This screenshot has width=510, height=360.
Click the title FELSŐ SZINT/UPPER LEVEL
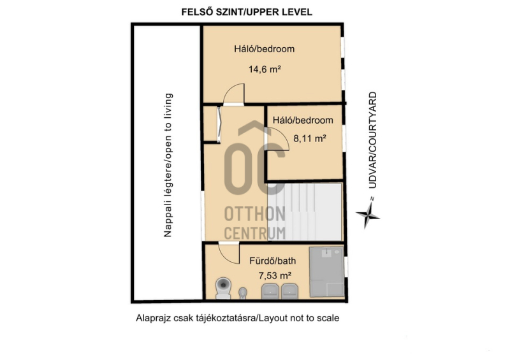(247, 12)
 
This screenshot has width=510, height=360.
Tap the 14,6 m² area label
(265, 69)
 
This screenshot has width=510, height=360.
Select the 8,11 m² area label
(310, 138)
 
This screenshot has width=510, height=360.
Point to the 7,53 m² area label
(275, 276)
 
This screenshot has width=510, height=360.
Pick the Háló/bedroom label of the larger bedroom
(264, 49)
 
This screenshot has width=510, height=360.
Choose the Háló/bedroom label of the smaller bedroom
(303, 120)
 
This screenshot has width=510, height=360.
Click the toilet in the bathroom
(223, 288)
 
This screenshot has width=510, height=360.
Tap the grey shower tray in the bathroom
(326, 272)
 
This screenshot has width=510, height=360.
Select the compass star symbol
(368, 213)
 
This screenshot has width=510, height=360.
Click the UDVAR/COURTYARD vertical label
(372, 140)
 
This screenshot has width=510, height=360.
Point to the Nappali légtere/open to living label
(168, 165)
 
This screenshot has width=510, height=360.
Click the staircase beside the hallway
(305, 212)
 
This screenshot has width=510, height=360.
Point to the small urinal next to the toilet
(243, 293)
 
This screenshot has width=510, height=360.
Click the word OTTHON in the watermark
(255, 213)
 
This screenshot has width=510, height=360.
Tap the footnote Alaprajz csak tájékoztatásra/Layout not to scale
(237, 318)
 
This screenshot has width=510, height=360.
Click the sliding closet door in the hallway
(219, 124)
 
